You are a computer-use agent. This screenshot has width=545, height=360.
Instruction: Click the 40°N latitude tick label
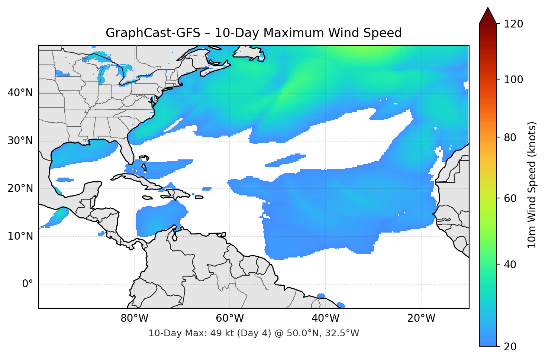pos(20,93)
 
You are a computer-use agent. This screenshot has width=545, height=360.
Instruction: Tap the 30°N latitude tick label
pos(20,141)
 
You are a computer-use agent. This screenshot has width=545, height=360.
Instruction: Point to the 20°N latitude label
pos(20,188)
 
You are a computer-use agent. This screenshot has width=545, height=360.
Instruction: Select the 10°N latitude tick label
pos(20,236)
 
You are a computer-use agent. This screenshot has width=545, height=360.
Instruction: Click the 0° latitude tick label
pos(28,284)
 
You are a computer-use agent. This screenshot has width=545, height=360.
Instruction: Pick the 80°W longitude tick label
pos(134,318)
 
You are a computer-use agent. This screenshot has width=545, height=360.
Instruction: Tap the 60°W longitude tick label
pos(230,318)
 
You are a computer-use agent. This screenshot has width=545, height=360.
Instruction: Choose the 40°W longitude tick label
pos(326,318)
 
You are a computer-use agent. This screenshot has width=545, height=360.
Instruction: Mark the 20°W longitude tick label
pos(421,318)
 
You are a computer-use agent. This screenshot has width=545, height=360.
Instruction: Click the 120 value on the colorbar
pos(513,24)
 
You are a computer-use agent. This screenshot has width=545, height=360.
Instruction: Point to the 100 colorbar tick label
pos(513,80)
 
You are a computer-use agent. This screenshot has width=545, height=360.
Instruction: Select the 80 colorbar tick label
pos(509,137)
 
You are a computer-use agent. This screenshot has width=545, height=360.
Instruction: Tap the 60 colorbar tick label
pos(509,198)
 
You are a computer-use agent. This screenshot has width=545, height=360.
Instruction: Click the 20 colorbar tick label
pos(509,347)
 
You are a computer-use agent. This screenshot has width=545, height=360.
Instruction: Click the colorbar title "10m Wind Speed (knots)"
pos(532,185)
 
